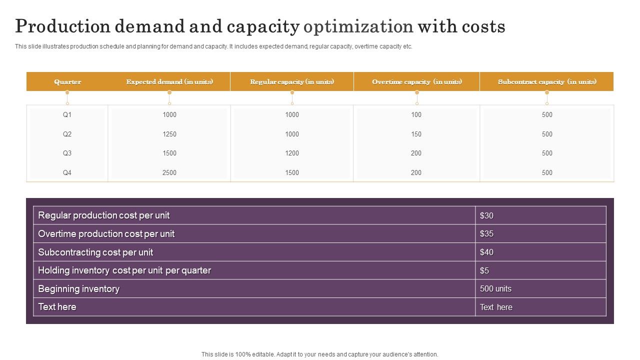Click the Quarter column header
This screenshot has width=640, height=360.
67,82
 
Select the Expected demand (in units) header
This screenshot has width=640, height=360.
169,82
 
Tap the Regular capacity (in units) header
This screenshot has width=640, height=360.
292,82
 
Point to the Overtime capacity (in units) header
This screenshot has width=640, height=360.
416,82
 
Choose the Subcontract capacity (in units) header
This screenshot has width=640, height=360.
547,82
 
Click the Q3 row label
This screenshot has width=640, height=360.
67,153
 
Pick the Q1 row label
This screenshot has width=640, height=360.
67,115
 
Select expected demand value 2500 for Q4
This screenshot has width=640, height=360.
169,173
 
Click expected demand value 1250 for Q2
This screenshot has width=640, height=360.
169,134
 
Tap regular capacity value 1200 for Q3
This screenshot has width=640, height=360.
292,153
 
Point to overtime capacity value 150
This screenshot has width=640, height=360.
416,134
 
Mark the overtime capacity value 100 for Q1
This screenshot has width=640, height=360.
416,115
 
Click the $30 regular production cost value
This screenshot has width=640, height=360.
486,216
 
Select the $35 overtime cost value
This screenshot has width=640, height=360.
486,234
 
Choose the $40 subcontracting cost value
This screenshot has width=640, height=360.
486,252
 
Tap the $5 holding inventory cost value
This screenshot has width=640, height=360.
484,271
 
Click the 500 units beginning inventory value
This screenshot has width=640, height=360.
495,289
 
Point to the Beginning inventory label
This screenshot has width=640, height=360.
79,289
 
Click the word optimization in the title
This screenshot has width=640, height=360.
358,26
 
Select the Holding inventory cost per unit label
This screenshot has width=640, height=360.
124,270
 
